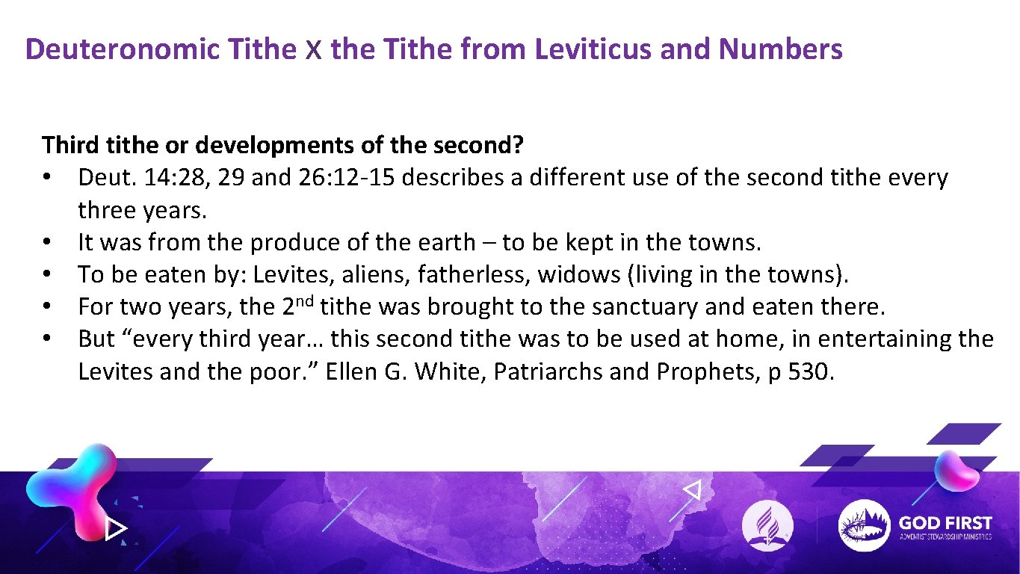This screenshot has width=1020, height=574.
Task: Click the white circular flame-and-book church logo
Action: [767, 525]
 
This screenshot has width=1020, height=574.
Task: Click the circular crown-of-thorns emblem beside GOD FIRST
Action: [864, 525]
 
